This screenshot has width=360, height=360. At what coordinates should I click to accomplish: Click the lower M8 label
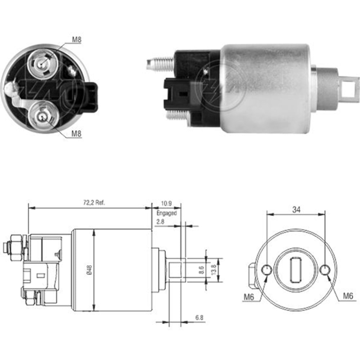pos(76,134)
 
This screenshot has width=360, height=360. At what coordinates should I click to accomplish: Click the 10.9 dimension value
pos(166,203)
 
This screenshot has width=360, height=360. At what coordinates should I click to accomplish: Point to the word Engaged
pos(166,213)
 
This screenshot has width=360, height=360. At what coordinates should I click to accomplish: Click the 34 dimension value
pos(296,210)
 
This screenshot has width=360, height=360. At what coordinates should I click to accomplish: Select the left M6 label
pos(249,297)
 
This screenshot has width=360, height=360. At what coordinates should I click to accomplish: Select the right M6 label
pos(347,296)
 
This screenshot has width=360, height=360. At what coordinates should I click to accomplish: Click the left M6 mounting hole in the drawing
pos(267,270)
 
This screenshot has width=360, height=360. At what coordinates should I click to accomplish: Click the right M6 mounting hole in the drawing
pos(324,270)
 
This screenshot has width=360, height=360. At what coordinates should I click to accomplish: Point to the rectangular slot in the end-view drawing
pos(296,270)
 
